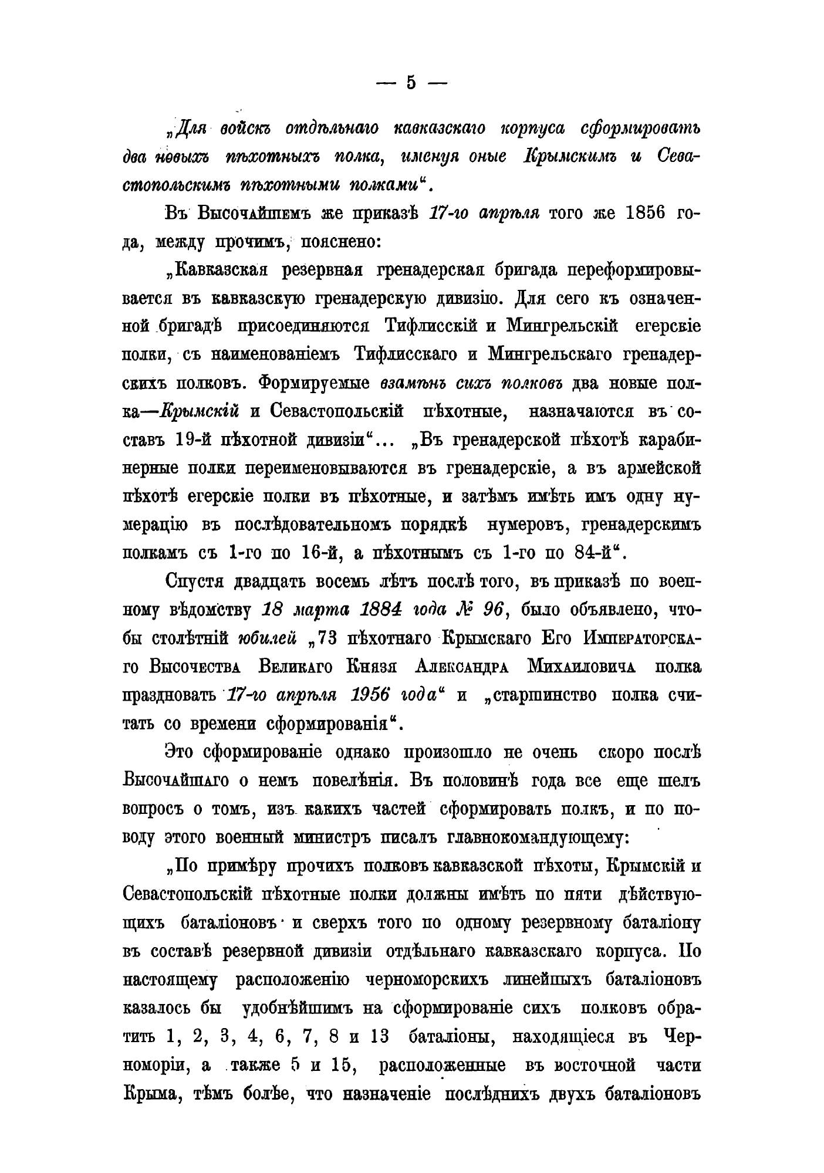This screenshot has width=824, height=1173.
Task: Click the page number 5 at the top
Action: click(411, 83)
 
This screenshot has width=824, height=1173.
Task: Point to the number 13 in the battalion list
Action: click(380, 1036)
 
